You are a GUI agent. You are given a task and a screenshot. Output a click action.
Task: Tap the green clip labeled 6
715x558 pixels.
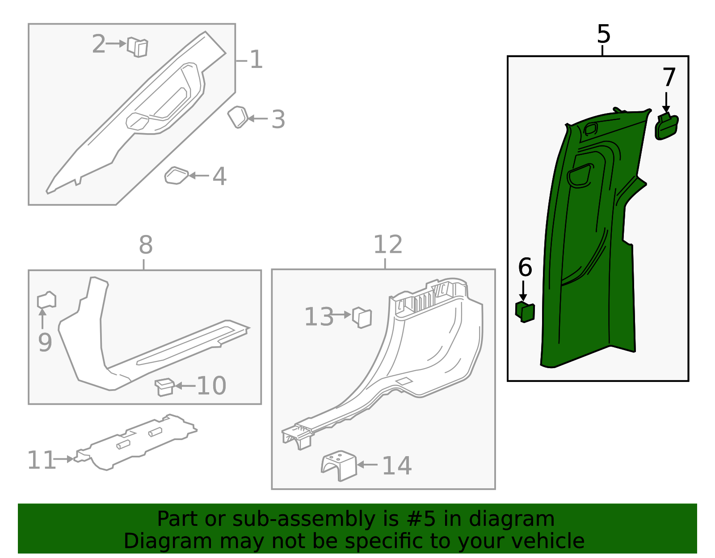(x=525, y=312)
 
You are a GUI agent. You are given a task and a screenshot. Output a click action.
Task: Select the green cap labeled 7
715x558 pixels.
(x=666, y=127)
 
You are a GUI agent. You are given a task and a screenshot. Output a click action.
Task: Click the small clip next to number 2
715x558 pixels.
(x=138, y=47)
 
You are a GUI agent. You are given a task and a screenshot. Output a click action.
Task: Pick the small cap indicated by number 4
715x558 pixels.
(x=176, y=176)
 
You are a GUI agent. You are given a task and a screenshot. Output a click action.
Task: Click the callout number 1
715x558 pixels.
(x=256, y=59)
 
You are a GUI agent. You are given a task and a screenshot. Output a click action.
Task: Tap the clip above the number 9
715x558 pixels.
(x=46, y=300)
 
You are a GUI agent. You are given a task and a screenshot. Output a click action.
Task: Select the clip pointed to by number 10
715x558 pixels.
(x=164, y=387)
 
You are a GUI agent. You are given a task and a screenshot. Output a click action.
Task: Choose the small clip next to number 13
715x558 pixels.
(x=362, y=317)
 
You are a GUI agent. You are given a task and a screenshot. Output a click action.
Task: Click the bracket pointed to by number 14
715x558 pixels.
(x=339, y=466)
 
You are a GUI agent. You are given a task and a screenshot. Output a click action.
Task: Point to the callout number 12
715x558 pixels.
(x=387, y=245)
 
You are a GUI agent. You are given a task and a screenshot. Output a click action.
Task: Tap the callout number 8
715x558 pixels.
(x=146, y=245)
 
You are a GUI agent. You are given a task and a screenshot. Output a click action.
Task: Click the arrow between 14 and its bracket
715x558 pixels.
(x=367, y=465)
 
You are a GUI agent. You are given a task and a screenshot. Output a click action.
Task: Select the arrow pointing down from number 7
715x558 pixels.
(x=666, y=102)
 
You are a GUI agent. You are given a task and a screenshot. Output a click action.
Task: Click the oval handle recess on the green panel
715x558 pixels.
(x=580, y=175)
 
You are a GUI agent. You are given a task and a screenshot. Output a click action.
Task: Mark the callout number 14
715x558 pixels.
(x=397, y=466)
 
